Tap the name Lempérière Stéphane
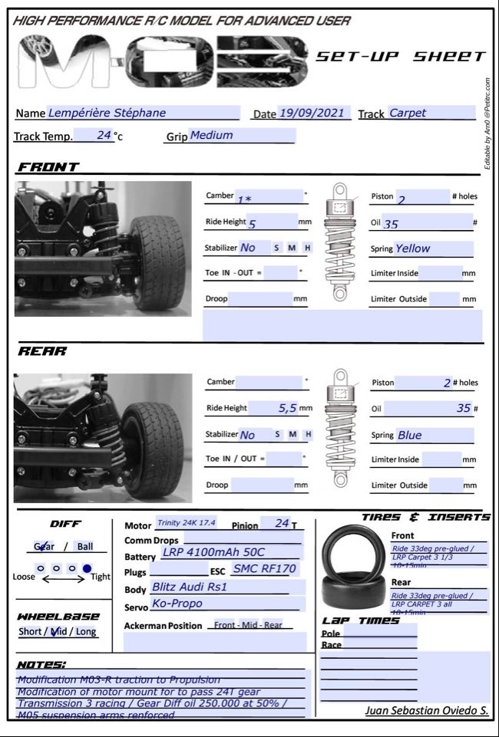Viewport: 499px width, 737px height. pos(107,113)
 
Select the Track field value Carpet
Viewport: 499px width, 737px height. pos(408,113)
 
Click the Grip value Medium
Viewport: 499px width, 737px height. pos(211,135)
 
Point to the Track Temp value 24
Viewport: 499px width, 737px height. pos(104,135)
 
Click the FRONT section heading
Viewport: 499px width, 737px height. pos(48,167)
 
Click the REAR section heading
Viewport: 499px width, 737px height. pos(43,351)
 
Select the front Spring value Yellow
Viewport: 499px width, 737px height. pos(412,248)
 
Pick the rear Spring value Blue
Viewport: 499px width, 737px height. pos(409,435)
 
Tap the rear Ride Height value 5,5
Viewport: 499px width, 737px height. pos(287,409)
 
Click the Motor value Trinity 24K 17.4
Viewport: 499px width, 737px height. pos(187,523)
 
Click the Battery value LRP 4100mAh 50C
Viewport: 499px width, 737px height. pos(213,552)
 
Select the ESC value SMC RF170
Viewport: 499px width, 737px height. pos(264,569)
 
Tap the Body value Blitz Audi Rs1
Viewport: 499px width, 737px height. pos(190,587)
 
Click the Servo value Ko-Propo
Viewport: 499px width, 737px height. pos(177,604)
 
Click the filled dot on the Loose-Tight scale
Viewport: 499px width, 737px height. pos(87,569)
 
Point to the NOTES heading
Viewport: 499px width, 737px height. pos(41,664)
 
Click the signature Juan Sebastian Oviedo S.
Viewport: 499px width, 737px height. pos(426,711)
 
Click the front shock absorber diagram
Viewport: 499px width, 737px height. pos(338,242)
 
